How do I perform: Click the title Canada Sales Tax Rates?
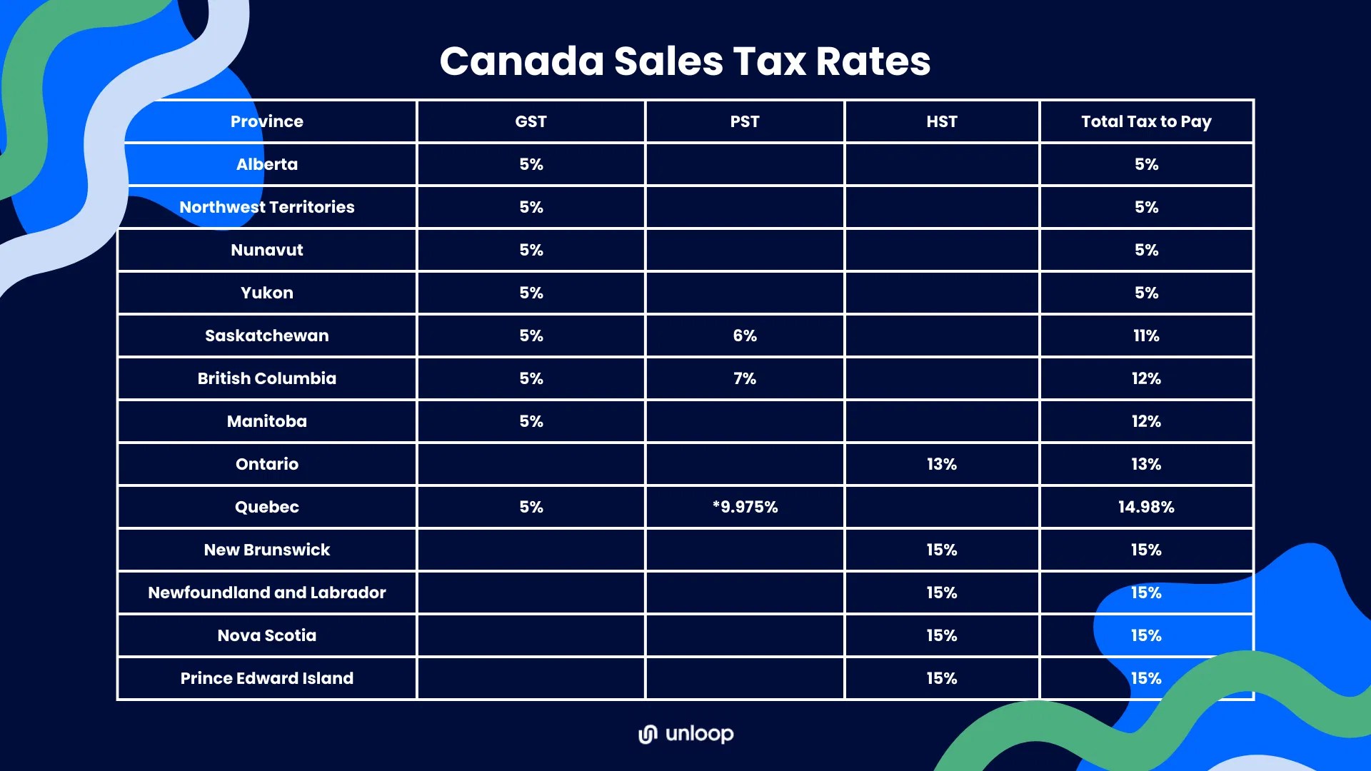click(x=685, y=61)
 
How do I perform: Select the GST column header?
click(x=531, y=121)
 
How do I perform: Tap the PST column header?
click(x=744, y=121)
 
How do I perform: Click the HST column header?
click(x=941, y=121)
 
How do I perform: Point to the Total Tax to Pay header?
click(x=1145, y=121)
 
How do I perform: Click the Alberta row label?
click(x=266, y=164)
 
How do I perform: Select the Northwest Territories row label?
click(x=266, y=207)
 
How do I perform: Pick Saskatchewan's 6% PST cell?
click(x=744, y=336)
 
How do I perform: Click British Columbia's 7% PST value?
click(x=744, y=378)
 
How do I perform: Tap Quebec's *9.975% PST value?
click(x=744, y=507)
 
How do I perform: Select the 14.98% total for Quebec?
click(x=1145, y=507)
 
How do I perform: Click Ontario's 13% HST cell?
click(x=941, y=464)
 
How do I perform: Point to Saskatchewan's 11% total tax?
click(x=1145, y=336)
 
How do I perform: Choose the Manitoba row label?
click(x=266, y=421)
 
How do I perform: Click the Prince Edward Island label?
click(x=266, y=678)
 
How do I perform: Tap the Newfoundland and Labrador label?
click(x=266, y=593)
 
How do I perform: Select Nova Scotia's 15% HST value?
click(x=941, y=635)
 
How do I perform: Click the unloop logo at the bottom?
click(x=685, y=734)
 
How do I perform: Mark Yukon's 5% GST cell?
click(x=531, y=293)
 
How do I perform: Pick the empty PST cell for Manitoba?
click(x=744, y=421)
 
